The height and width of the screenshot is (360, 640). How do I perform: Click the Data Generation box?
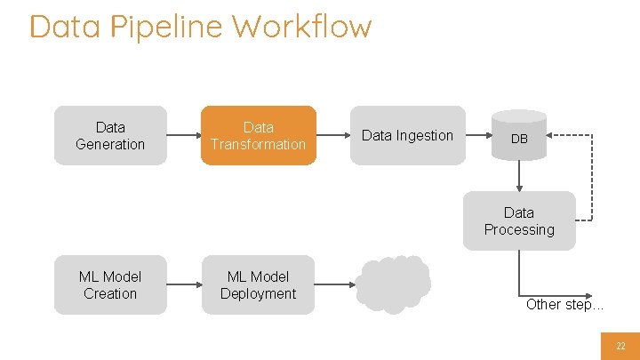tap(110, 136)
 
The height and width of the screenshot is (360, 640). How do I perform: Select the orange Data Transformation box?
tap(258, 136)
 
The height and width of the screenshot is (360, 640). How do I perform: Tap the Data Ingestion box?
tap(407, 136)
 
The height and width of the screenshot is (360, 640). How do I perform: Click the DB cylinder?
tap(519, 135)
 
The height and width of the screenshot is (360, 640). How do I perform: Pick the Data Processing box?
tap(519, 221)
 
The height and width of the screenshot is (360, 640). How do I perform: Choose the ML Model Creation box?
tap(110, 285)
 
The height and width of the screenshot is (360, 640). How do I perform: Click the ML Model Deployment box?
tap(258, 285)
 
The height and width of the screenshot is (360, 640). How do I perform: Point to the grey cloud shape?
tap(393, 284)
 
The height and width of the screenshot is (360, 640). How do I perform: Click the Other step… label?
tap(564, 304)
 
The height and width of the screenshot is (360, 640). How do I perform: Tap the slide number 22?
tap(620, 345)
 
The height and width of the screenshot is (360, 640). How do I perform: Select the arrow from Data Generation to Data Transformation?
tap(183, 136)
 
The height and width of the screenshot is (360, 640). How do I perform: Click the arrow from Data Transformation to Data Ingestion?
tap(332, 136)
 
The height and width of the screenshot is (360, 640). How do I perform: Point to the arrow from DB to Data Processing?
tap(519, 176)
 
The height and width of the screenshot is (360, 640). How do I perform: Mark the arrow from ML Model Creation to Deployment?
tap(183, 285)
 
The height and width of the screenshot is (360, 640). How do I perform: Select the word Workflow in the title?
tap(302, 27)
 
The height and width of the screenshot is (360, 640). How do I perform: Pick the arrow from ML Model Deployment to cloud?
tap(335, 285)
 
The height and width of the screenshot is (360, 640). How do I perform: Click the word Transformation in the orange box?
tap(258, 144)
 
